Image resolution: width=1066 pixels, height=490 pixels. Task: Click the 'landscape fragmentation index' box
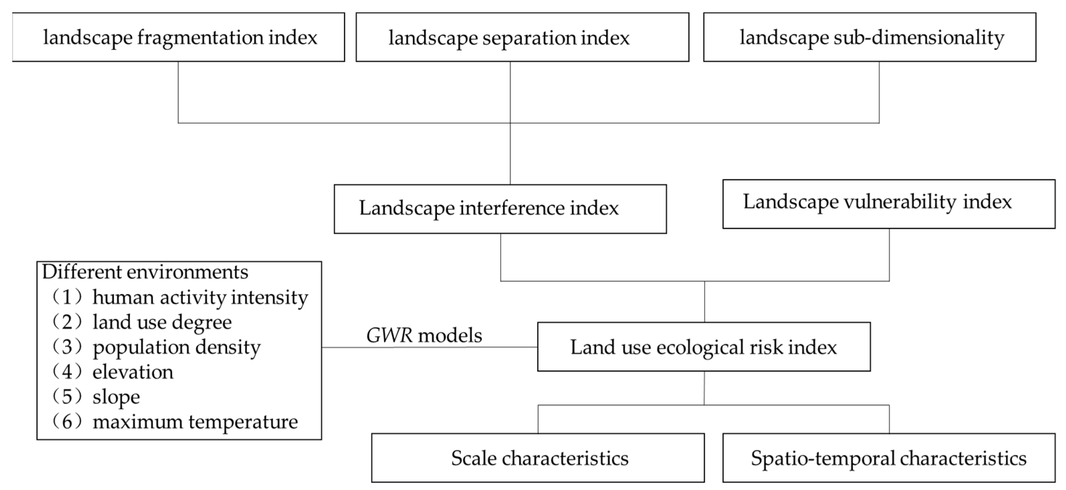click(x=179, y=37)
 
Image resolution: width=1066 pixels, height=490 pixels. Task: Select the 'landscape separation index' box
click(x=522, y=37)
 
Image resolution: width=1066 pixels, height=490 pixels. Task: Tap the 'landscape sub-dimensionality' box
click(x=869, y=37)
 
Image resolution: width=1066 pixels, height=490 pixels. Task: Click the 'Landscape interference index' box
click(x=500, y=209)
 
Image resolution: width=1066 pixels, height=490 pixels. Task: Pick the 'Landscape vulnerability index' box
click(x=889, y=204)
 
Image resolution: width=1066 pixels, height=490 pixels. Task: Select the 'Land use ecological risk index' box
click(x=704, y=347)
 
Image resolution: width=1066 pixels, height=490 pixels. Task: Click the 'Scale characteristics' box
click(x=538, y=458)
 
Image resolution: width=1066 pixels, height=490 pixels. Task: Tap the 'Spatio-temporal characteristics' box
click(x=889, y=458)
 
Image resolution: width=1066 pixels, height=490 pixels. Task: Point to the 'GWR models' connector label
click(x=424, y=335)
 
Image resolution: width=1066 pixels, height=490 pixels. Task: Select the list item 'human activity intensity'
click(x=200, y=297)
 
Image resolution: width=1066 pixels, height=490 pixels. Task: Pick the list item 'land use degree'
click(x=162, y=322)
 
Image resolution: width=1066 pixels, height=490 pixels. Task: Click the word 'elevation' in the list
click(x=133, y=372)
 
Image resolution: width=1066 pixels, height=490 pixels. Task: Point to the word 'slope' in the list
click(x=116, y=397)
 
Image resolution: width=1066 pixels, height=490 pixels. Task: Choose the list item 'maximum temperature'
click(x=195, y=422)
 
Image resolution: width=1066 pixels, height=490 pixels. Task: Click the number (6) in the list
click(x=68, y=422)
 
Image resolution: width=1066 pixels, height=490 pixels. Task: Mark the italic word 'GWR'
click(x=389, y=335)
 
